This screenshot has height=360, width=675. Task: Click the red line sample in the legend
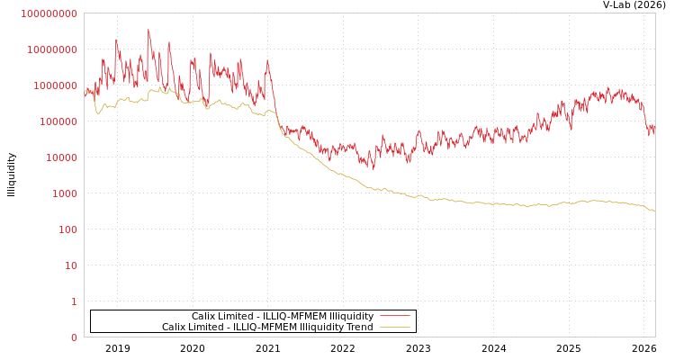(x=394, y=317)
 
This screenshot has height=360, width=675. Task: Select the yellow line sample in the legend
(x=394, y=328)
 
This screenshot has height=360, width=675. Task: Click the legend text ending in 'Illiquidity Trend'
(x=267, y=328)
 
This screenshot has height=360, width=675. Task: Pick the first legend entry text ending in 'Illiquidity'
(x=282, y=317)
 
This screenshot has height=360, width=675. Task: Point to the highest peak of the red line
(x=148, y=30)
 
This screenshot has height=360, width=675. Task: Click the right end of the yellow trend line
(x=654, y=211)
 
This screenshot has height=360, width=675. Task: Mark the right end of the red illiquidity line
(x=654, y=131)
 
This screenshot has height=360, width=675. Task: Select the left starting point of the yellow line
(x=85, y=94)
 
